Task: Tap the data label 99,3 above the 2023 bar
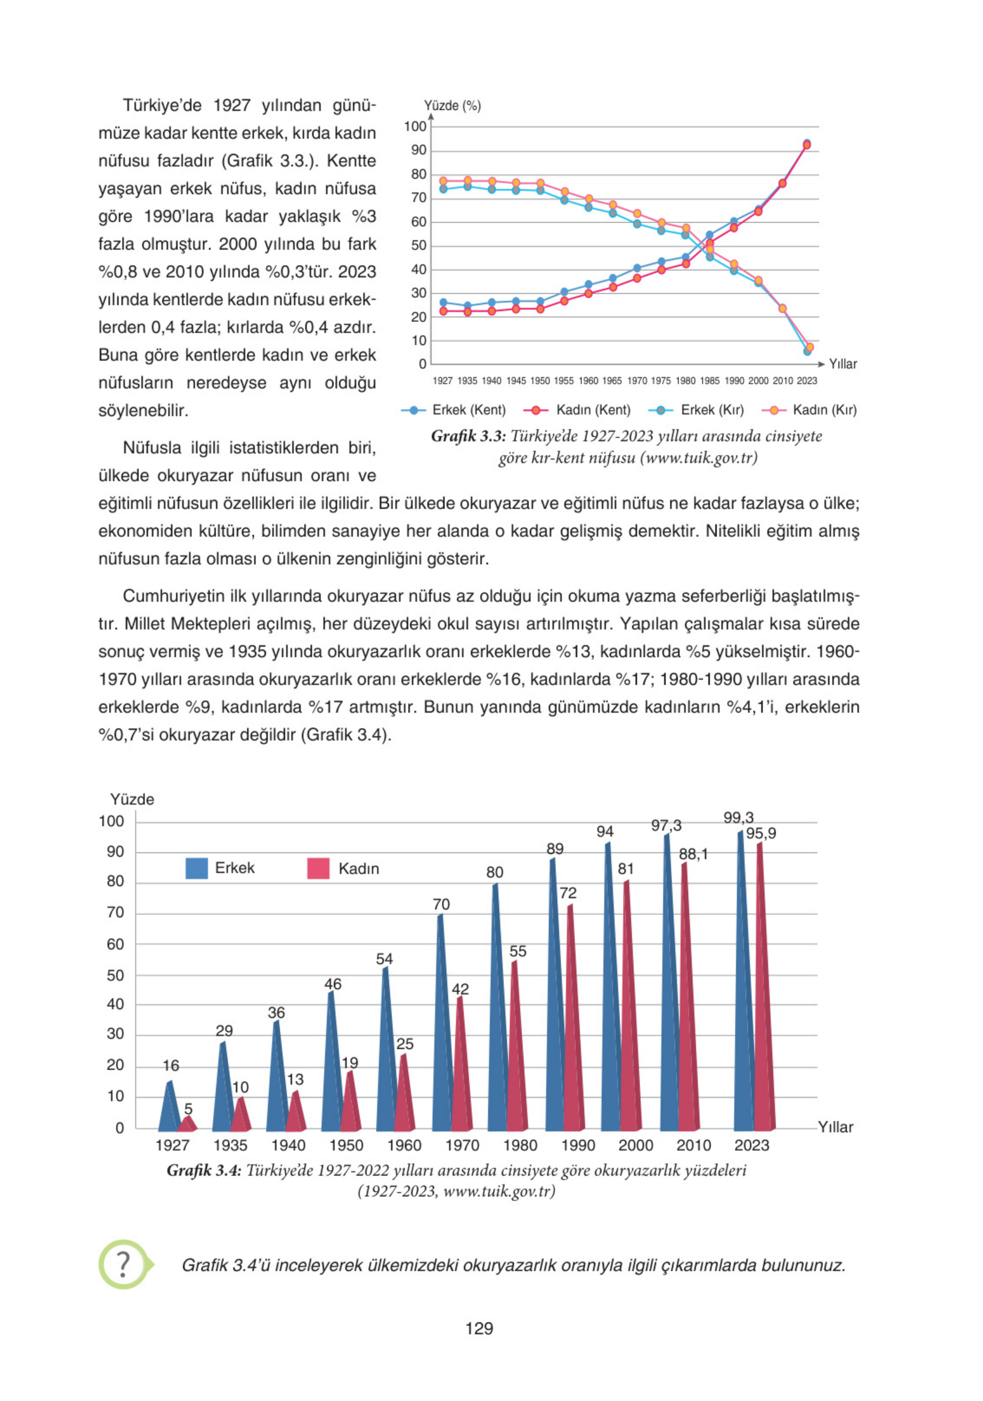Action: [x=739, y=817]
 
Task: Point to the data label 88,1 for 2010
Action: [x=694, y=854]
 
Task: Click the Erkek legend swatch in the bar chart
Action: [x=196, y=868]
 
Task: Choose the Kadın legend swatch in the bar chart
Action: [x=318, y=868]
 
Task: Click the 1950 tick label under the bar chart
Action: [x=346, y=1146]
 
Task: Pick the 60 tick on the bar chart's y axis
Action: [x=116, y=944]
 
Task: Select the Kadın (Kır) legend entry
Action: [x=809, y=410]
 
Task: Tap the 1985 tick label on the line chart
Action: [x=710, y=381]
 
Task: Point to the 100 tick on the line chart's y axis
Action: [x=415, y=127]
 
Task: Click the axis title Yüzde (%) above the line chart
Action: [x=452, y=106]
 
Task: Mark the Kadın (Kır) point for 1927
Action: [x=444, y=181]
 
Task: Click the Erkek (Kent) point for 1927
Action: [x=444, y=303]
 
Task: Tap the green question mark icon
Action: [x=124, y=1265]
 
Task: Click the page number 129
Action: [x=479, y=1328]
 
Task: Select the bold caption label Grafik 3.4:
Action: [x=204, y=1170]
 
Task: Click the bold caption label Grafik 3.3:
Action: [x=468, y=436]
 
